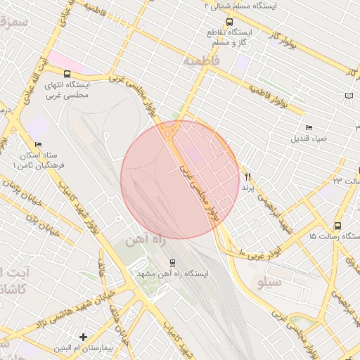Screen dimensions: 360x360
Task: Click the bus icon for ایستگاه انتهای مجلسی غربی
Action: pyautogui.click(x=67, y=74)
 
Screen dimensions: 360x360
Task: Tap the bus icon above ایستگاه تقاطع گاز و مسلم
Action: pyautogui.click(x=229, y=22)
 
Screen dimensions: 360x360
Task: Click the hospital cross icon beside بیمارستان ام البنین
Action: pyautogui.click(x=83, y=337)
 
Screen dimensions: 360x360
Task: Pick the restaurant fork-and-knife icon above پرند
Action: pyautogui.click(x=247, y=177)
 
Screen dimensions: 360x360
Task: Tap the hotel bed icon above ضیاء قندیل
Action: pyautogui.click(x=309, y=127)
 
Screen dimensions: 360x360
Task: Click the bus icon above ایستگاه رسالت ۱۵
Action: pyautogui.click(x=338, y=226)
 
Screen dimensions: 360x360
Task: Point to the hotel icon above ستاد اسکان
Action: pyautogui.click(x=38, y=144)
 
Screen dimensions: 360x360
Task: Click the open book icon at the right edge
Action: pyautogui.click(x=350, y=95)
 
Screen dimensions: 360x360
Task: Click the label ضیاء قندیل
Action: pyautogui.click(x=309, y=139)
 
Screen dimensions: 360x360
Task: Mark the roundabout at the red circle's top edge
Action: pyautogui.click(x=169, y=130)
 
